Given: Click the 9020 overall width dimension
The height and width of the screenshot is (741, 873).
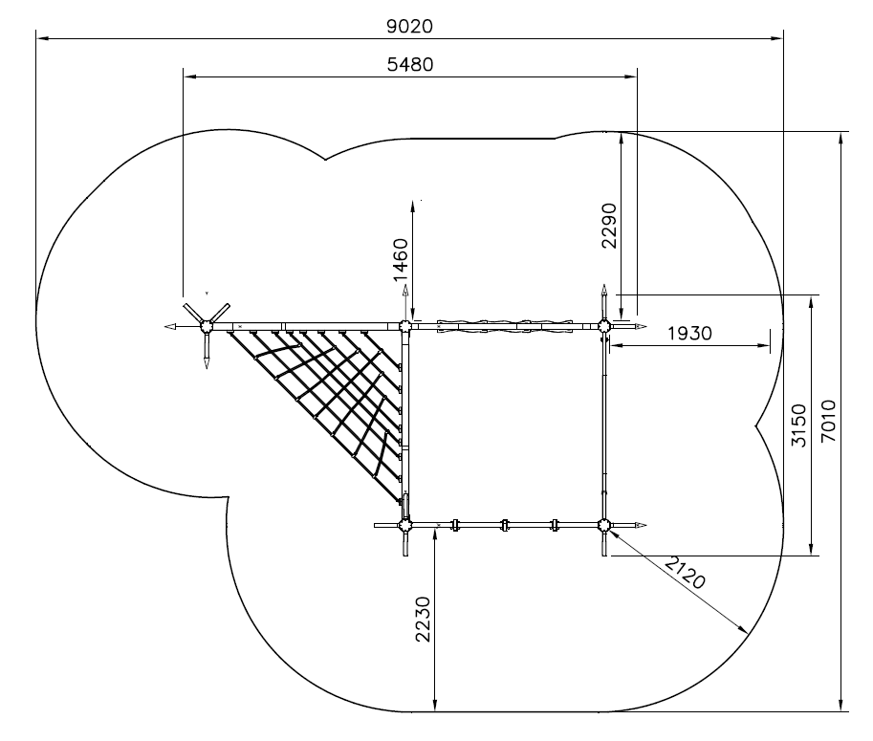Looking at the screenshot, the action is [410, 26].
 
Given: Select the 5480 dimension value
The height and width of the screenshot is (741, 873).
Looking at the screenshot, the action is [410, 65].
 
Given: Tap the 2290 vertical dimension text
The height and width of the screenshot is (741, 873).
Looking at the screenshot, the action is [609, 226].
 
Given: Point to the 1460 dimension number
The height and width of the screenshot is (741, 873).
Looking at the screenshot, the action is [401, 260].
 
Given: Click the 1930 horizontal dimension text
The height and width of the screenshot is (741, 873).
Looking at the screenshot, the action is [689, 334].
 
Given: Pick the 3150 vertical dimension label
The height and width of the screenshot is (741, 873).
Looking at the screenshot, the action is [799, 425].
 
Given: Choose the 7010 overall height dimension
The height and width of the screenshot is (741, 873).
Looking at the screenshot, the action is [828, 421].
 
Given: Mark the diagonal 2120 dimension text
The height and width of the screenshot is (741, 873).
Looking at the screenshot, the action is [686, 574].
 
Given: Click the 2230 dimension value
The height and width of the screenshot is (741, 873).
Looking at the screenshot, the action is [424, 619].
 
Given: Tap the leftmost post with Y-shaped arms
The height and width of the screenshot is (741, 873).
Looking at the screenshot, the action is [207, 326].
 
